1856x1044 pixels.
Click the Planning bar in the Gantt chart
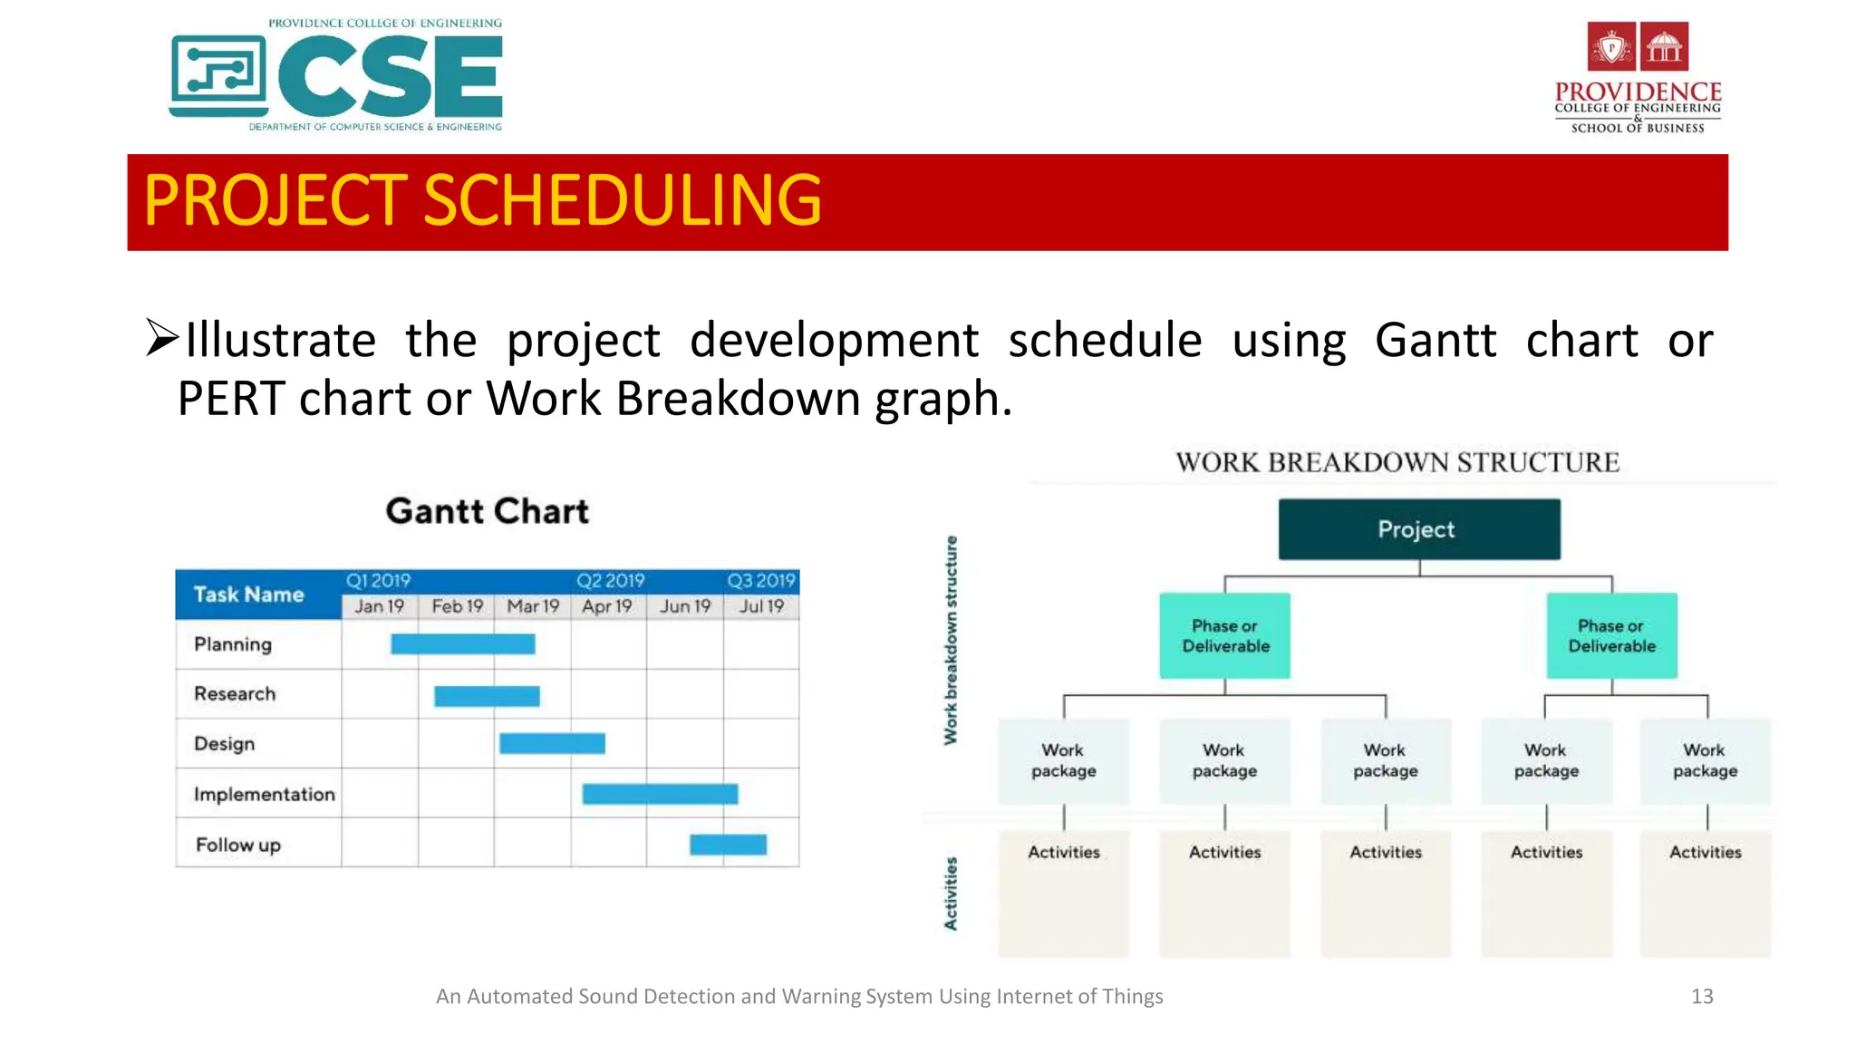462,644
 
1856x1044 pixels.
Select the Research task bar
487,696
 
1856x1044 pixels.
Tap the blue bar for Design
552,744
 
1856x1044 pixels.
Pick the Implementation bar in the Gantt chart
660,795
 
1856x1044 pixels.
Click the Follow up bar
728,845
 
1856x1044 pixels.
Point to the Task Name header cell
249,594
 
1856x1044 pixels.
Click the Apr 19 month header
606,606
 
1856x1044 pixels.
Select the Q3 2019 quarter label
760,581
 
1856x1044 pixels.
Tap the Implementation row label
264,795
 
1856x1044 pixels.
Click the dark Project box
1418,529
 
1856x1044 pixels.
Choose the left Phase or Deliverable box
1224,636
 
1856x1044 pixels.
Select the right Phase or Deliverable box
1611,636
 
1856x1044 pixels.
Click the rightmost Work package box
1705,761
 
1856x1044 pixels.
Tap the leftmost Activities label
1063,853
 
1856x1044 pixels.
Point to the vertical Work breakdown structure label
951,640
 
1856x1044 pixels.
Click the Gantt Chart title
487,511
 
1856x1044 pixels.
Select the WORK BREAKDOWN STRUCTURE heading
1397,462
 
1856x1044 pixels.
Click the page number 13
1701,997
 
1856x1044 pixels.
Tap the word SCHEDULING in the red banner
622,201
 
